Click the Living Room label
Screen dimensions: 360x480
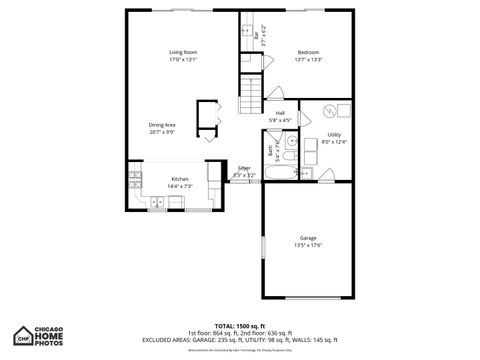point(182,51)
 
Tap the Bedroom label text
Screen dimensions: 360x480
point(308,51)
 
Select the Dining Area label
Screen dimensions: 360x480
point(162,124)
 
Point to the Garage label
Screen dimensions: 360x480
point(308,238)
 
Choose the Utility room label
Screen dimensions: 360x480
point(334,134)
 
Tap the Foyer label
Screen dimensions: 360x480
point(244,168)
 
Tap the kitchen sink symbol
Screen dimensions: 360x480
point(157,203)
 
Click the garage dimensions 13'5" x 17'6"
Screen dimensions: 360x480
point(308,245)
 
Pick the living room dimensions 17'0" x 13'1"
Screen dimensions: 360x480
point(182,58)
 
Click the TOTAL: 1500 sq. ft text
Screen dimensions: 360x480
point(239,326)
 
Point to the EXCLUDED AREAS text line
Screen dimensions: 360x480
point(239,339)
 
